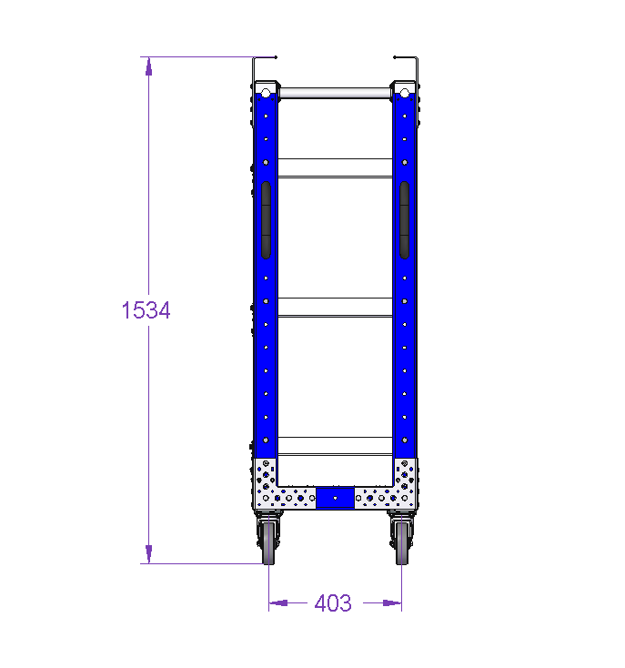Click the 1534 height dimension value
point(146,310)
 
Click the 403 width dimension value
point(333,603)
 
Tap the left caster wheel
point(268,543)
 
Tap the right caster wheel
point(402,543)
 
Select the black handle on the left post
point(266,220)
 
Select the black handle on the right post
point(405,220)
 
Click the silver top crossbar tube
point(335,94)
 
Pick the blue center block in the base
point(335,498)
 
